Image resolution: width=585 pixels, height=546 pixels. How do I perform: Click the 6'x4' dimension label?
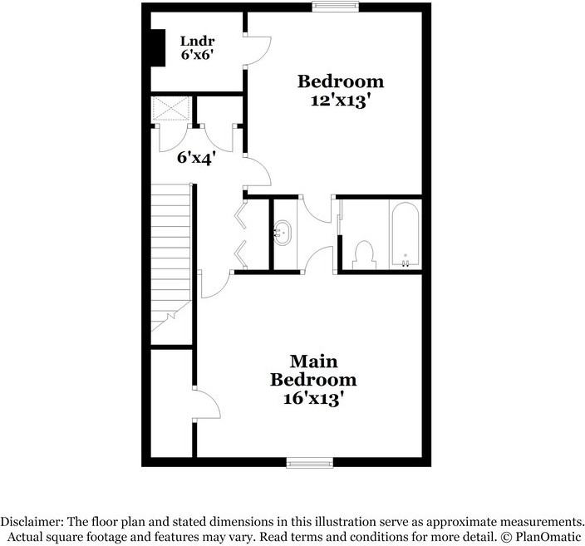(x=196, y=156)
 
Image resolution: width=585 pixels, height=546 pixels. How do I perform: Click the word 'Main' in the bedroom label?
(x=313, y=362)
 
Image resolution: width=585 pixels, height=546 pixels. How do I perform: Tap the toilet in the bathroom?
(x=364, y=253)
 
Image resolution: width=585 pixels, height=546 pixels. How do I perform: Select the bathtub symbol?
(x=405, y=234)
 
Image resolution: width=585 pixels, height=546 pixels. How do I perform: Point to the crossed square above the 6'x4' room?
(x=171, y=108)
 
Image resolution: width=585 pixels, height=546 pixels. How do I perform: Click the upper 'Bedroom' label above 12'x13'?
(x=341, y=81)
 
